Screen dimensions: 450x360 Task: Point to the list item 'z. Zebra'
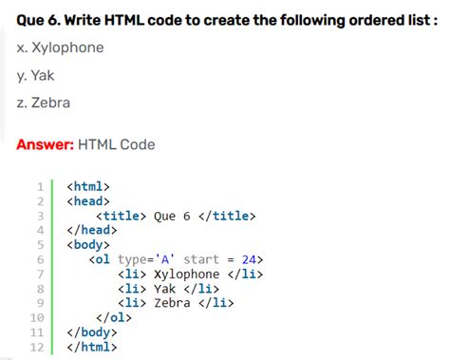45,103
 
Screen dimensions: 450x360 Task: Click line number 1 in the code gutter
41,186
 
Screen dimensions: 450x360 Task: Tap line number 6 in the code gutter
41,259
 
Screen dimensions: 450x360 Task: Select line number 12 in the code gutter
38,347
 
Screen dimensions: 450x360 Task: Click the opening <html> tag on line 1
88,186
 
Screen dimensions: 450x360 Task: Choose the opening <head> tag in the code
88,201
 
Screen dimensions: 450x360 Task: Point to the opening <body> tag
88,245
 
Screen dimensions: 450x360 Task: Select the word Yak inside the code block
165,289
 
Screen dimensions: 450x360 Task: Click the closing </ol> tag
114,318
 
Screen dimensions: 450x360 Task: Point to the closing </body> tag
92,332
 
